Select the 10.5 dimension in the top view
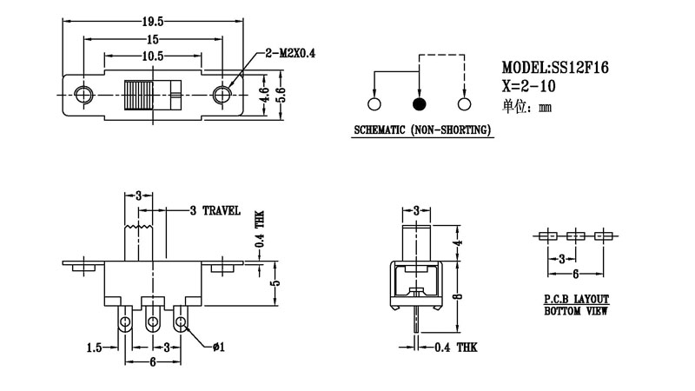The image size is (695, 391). point(152,56)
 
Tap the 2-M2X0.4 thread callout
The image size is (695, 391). point(291,54)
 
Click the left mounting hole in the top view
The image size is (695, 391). point(84,93)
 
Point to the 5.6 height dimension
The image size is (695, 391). point(280,94)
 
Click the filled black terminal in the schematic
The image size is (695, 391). point(420,104)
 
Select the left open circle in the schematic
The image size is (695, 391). point(374,104)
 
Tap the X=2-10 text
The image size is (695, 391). point(529,86)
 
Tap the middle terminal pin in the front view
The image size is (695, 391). point(154,322)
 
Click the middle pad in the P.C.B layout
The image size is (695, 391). point(575,235)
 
